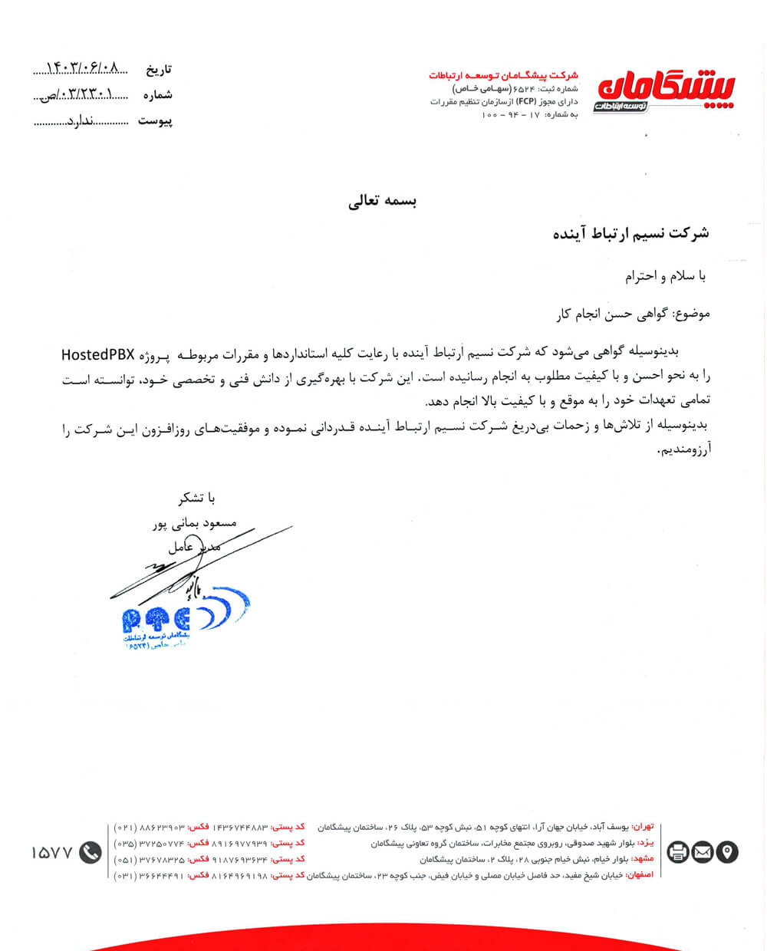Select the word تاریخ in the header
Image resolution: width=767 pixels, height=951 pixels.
[159, 70]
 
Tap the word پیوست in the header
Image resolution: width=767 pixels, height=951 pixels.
[155, 121]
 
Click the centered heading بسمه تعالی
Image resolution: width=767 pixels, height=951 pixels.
[382, 202]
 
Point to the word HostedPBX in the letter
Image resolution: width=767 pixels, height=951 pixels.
[97, 354]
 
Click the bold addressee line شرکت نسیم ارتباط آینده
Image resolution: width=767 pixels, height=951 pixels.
[630, 233]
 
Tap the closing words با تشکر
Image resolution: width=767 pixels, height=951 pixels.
[191, 499]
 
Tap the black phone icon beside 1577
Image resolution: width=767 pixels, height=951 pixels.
[91, 852]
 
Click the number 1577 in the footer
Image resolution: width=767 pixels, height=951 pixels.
[52, 852]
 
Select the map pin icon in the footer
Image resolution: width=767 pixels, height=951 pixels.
[726, 851]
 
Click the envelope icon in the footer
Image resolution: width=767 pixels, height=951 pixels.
[703, 851]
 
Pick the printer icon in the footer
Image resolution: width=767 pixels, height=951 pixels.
[678, 851]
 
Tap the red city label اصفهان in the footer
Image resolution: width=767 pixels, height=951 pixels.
[640, 874]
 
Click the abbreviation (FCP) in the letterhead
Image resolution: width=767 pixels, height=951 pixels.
[526, 101]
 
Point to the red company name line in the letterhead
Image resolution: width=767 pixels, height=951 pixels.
[503, 75]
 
